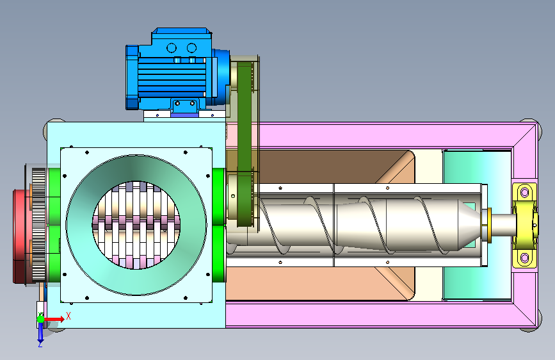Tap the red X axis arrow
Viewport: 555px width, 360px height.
(54, 319)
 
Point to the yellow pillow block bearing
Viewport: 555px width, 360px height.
(525, 225)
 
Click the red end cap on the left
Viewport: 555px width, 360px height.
(20, 236)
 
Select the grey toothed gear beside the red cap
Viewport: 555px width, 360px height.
(39, 225)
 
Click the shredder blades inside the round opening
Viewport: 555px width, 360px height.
(136, 225)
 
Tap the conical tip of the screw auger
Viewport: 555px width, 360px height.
(470, 225)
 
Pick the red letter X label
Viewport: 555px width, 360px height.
(68, 316)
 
